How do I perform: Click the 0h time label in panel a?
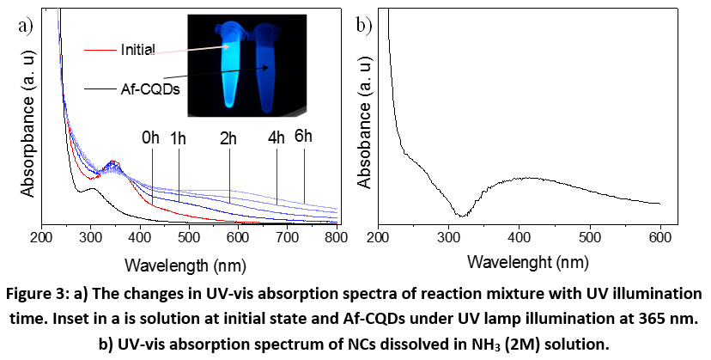tap(152, 138)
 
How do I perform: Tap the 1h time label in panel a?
tap(179, 138)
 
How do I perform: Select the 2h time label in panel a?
tap(229, 138)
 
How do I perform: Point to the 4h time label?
tap(276, 138)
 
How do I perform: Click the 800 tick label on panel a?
tap(337, 240)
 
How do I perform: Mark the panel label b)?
tap(363, 25)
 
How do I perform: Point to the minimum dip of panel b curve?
tap(461, 215)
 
